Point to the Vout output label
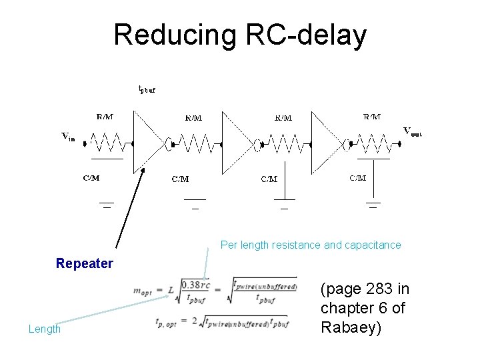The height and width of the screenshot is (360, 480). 412,131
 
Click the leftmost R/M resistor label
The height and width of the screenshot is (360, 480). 105,117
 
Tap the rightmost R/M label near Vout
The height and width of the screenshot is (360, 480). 372,117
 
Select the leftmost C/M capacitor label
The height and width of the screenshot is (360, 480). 91,178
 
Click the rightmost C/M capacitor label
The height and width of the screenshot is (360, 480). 358,177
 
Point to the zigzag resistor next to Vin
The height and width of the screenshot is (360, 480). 107,143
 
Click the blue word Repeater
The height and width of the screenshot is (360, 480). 85,263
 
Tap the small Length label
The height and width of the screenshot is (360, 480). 45,329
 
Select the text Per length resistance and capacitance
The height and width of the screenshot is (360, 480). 311,245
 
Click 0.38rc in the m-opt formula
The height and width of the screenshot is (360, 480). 196,285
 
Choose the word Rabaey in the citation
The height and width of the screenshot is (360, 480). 351,327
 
